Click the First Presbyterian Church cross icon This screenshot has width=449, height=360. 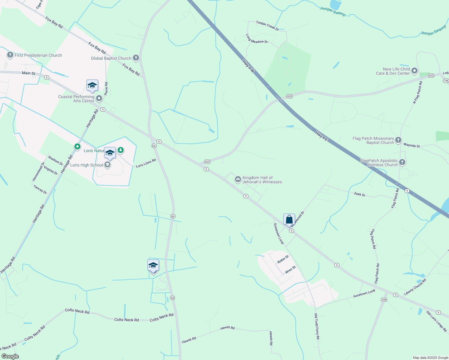click(10, 55)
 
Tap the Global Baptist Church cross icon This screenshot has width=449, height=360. click(136, 58)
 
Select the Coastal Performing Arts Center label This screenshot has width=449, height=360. click(76, 99)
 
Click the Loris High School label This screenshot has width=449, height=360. click(86, 165)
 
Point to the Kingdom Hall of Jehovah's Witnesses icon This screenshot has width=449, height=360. click(238, 179)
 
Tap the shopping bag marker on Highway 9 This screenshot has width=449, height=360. click(289, 220)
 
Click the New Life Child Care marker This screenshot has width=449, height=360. click(414, 71)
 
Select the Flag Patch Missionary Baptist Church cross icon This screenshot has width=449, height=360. click(398, 140)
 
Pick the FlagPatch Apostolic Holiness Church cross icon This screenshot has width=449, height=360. click(402, 162)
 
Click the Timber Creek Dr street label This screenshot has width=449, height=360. click(267, 25)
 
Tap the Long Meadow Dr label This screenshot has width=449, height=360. click(257, 39)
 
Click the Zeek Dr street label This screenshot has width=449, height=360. click(360, 194)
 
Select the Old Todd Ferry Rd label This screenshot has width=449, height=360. click(317, 326)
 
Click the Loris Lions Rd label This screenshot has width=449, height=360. click(146, 163)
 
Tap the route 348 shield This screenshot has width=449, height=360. click(384, 300)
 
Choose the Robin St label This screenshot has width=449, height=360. click(283, 259)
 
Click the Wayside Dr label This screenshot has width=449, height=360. click(412, 145)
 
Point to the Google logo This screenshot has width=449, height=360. click(10, 356)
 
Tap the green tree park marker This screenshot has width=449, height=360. click(121, 149)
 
